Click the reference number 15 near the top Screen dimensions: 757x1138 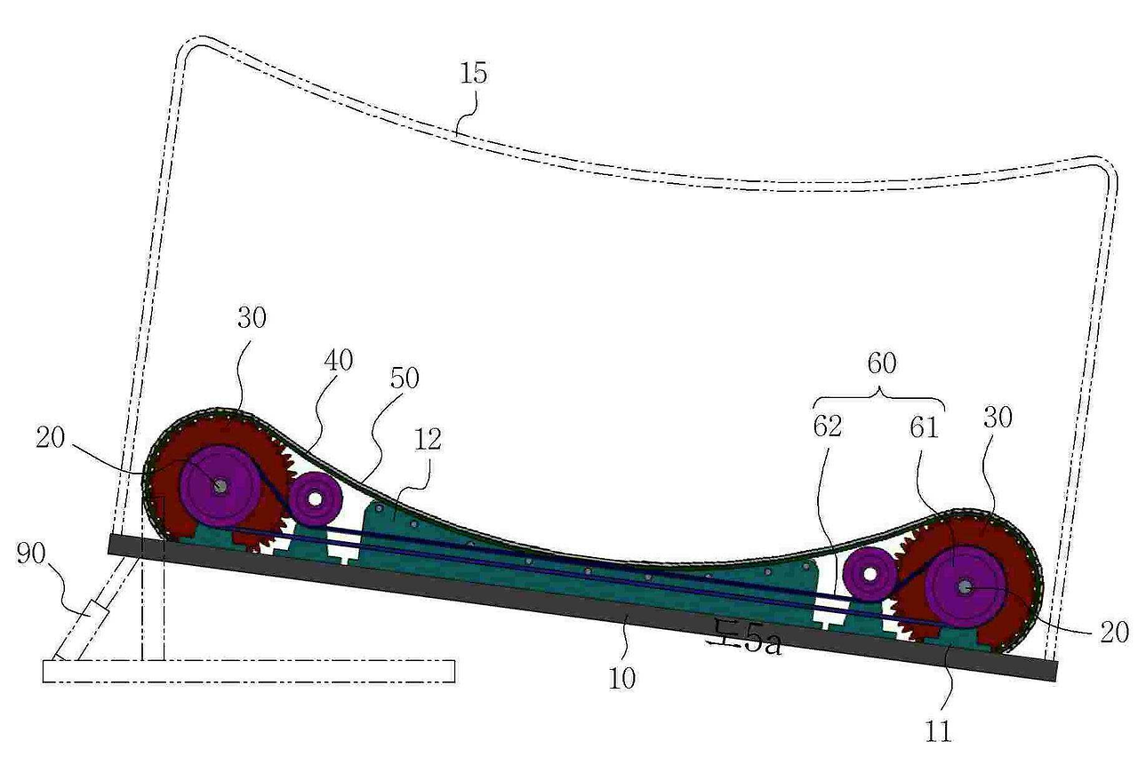(x=475, y=73)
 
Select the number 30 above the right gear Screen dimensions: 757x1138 (x=998, y=418)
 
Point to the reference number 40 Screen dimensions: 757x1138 (x=337, y=361)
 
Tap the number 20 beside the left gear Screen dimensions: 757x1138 (x=53, y=438)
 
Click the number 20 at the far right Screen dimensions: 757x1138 (x=1111, y=632)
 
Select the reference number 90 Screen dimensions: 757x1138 (x=34, y=555)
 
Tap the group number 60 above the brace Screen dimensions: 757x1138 (x=880, y=363)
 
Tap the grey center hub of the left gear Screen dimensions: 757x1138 (x=218, y=485)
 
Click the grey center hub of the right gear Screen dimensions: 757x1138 (x=964, y=586)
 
